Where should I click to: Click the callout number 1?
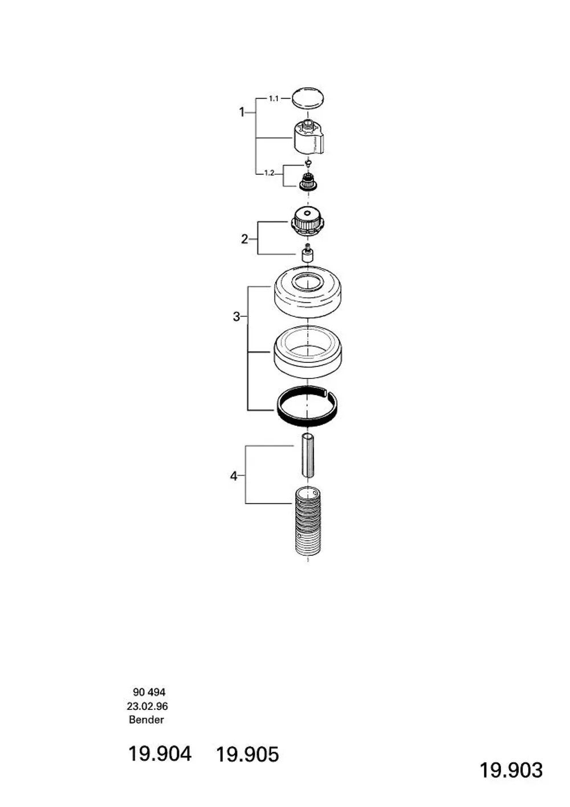click(242, 112)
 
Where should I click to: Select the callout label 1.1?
click(274, 98)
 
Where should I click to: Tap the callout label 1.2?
click(269, 173)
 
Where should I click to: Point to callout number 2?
click(245, 239)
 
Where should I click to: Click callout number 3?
click(237, 317)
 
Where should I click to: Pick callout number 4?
click(234, 477)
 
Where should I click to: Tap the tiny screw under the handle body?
click(307, 163)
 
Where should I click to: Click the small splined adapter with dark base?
click(307, 181)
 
